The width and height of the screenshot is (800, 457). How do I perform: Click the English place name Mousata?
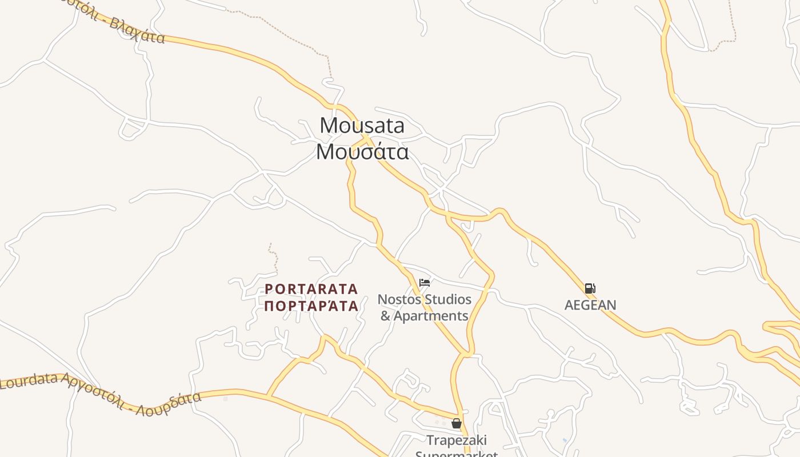coord(362,125)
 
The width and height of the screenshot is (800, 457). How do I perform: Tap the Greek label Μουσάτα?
coord(362,152)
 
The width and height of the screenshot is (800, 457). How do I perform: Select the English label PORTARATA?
coord(311,289)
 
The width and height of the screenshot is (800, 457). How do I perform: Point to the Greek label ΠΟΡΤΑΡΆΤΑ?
coord(311,306)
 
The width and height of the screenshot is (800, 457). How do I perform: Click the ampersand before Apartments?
coord(386,316)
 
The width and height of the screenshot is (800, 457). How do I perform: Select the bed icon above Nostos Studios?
coord(424,282)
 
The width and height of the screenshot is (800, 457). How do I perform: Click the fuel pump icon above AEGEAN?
coord(590,288)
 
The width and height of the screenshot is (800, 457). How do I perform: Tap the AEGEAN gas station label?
coord(590,305)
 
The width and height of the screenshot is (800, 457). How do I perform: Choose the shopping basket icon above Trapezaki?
coord(456,423)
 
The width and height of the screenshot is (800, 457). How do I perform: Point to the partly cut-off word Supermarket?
coord(457,454)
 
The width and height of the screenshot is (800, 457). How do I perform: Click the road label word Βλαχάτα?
coord(137,31)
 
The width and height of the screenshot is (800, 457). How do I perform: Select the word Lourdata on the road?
coord(29,381)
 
